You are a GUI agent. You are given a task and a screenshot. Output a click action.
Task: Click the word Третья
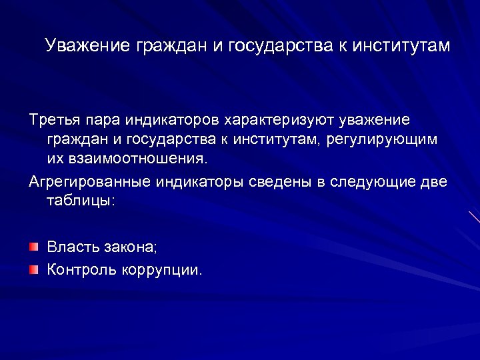click(55, 121)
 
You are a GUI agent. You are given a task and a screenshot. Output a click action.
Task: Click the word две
click(435, 182)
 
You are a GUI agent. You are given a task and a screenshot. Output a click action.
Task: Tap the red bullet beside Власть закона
click(33, 247)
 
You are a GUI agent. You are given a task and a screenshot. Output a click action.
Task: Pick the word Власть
click(72, 248)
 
